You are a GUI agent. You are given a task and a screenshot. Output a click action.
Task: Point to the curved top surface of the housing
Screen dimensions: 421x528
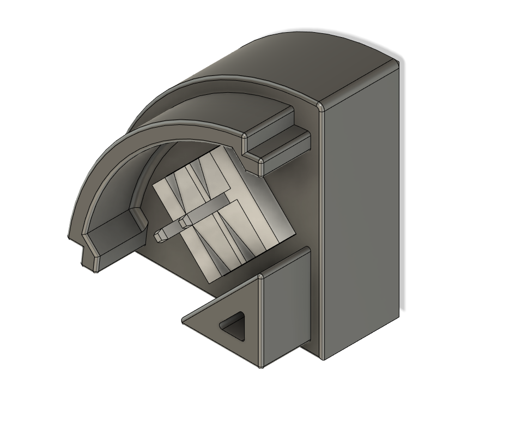coord(305,60)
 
